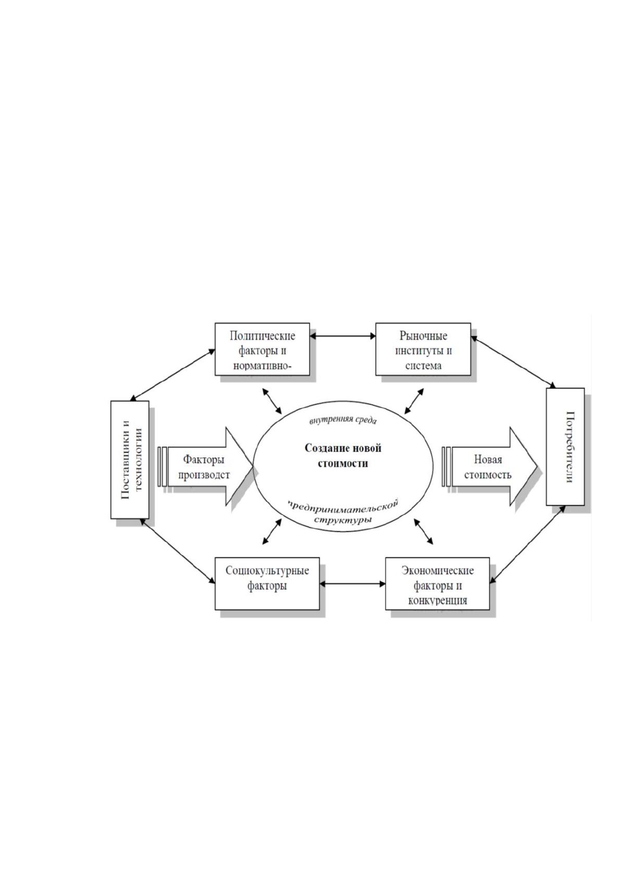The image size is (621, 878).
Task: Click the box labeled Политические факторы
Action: pos(262,349)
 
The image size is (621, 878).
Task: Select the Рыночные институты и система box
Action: pos(423,349)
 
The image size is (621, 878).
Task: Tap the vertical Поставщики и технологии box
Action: pos(130,460)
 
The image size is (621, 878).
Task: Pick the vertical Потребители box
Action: pos(565,446)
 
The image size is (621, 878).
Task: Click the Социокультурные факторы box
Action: pos(267,583)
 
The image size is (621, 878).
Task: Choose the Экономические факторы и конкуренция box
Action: pos(437,583)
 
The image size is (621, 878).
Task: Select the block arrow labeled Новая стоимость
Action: pos(489,467)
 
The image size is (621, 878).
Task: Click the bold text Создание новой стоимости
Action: pos(343,456)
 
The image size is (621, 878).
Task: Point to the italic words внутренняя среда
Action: pos(343,420)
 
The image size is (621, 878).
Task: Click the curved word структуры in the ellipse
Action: pos(343,520)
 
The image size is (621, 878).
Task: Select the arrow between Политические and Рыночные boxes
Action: pos(343,336)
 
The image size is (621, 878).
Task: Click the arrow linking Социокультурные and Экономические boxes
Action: pos(352,584)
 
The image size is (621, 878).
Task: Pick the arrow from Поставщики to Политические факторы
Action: pos(173,375)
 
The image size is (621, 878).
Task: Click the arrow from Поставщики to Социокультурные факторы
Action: pos(178,551)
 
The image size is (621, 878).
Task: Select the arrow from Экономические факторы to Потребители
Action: pos(528,544)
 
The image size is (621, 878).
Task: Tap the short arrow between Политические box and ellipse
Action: pos(272,401)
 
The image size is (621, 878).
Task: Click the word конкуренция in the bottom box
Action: pos(437,600)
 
